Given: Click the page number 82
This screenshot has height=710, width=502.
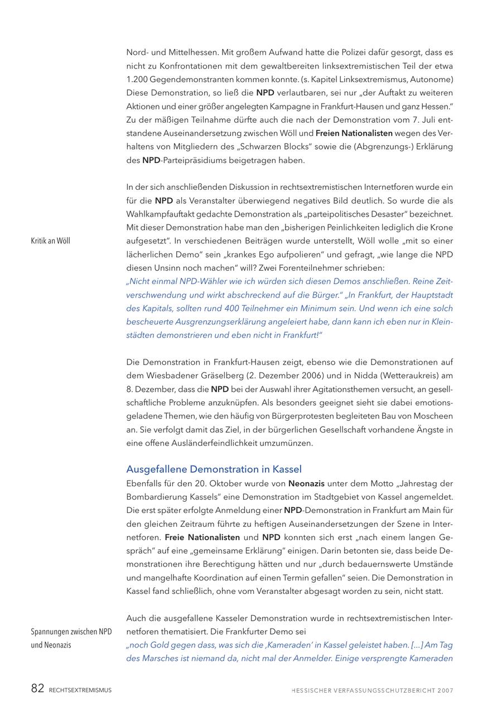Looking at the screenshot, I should pos(37,689).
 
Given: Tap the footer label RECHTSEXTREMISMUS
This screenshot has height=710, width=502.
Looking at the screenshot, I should pos(80,690).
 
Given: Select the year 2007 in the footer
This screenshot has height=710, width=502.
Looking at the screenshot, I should pos(446,690).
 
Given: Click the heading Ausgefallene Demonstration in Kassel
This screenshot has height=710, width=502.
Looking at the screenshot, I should pos(214,469).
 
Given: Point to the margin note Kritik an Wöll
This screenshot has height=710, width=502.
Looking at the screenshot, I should pos(50,241).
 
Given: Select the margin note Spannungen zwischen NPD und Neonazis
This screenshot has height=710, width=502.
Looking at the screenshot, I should pos(71,639).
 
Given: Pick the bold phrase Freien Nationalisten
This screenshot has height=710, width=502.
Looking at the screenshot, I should pos(354,133).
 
